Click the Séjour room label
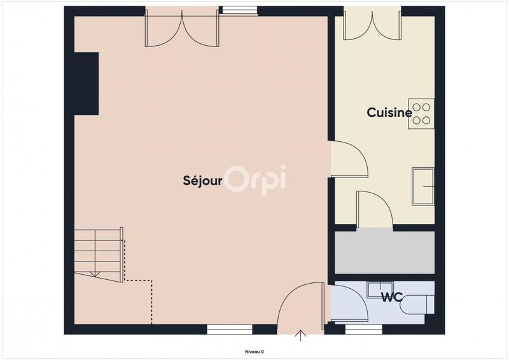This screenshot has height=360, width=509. (203, 181)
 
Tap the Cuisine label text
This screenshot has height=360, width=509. (389, 113)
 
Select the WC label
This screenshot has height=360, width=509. (390, 296)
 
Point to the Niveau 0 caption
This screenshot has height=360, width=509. (254, 351)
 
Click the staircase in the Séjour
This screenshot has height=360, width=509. (99, 254)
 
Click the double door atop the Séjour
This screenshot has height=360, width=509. (182, 29)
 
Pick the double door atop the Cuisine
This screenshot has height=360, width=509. (372, 25)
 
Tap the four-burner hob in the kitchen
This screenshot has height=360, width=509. (421, 114)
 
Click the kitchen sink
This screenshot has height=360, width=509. (423, 186)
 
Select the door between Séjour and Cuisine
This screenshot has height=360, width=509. (349, 159)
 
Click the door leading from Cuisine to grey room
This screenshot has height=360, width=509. (374, 209)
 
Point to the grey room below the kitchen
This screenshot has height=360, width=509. (384, 253)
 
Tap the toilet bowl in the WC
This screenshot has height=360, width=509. (416, 305)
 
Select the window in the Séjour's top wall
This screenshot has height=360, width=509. (239, 10)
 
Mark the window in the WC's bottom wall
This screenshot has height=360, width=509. (363, 329)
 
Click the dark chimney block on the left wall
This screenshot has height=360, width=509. (86, 83)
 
